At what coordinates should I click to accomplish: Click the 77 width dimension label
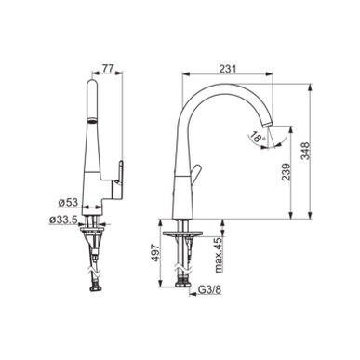point(108,68)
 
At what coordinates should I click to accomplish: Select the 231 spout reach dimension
point(228,69)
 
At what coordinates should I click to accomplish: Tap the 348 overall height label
point(305,151)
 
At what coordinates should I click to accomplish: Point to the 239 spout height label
point(287,172)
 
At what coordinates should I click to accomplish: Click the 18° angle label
point(257,137)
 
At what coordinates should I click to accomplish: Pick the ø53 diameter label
point(68,202)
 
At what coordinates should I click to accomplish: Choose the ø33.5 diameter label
point(63,220)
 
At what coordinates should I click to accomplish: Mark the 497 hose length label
point(155,253)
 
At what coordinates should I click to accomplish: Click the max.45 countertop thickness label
point(219,255)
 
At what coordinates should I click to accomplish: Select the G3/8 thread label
point(209,289)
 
